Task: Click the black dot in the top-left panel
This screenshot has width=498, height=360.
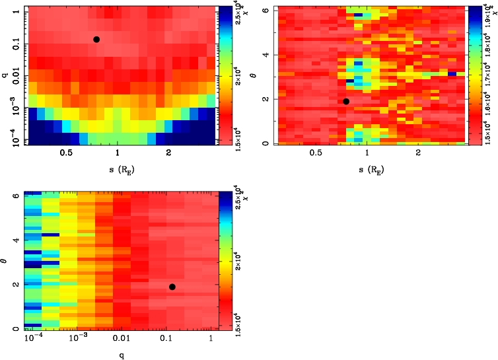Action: (96, 40)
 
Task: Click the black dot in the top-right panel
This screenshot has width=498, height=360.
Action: (345, 101)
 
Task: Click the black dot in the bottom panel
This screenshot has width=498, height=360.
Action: (172, 287)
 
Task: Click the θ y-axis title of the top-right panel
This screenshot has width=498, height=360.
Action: (262, 75)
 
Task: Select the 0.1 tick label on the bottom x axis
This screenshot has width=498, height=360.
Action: (166, 338)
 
